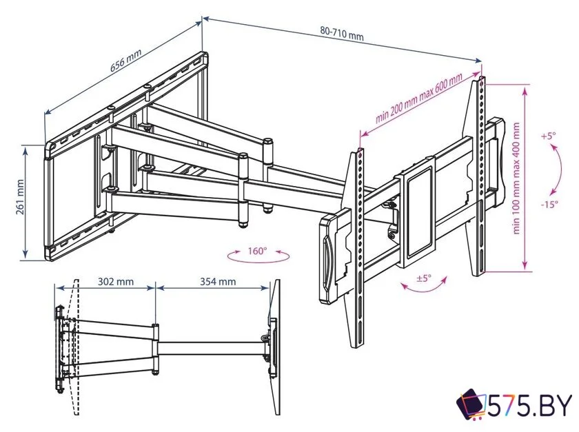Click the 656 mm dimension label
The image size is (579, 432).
pos(126,60)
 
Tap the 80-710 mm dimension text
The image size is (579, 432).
pos(342,34)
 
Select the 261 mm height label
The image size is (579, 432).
pos(20,197)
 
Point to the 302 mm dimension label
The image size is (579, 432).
pos(116,282)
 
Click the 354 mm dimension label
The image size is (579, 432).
pos(218,282)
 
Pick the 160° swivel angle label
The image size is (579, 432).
pos(257,251)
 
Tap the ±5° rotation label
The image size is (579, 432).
pos(424,278)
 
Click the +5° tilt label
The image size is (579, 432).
pos(548,136)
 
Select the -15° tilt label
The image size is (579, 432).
pos(549,204)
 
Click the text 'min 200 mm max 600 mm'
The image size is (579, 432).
pos(419,98)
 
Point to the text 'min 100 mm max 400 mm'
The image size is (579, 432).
pos(516,178)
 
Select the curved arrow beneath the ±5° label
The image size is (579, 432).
pos(425,285)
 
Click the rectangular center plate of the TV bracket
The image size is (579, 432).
pos(418,211)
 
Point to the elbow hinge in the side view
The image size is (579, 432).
pos(156,349)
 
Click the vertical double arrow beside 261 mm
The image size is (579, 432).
pos(26,202)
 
